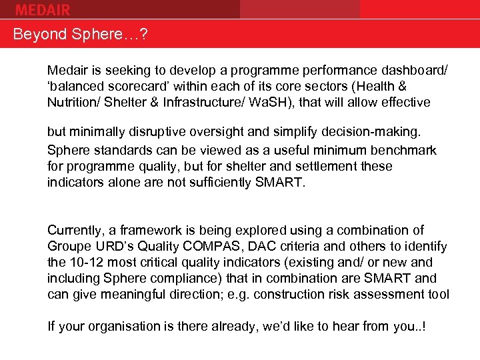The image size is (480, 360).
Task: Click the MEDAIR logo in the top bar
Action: (42, 9)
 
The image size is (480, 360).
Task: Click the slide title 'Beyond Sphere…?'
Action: (80, 35)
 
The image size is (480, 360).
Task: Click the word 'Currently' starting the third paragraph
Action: (75, 231)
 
